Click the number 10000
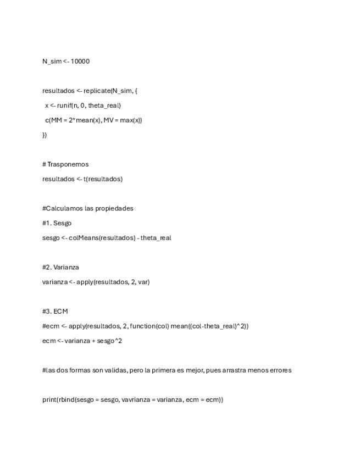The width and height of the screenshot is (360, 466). [x=80, y=61]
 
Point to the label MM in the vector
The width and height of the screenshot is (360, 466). [x=56, y=120]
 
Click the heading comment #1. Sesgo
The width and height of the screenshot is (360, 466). [x=57, y=223]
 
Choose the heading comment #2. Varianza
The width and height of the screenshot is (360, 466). [x=60, y=267]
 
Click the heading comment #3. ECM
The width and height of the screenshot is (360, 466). [x=55, y=311]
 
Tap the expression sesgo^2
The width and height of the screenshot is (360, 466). [x=110, y=341]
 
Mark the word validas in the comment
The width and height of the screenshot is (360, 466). [x=115, y=370]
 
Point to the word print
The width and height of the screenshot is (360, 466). [x=49, y=400]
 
